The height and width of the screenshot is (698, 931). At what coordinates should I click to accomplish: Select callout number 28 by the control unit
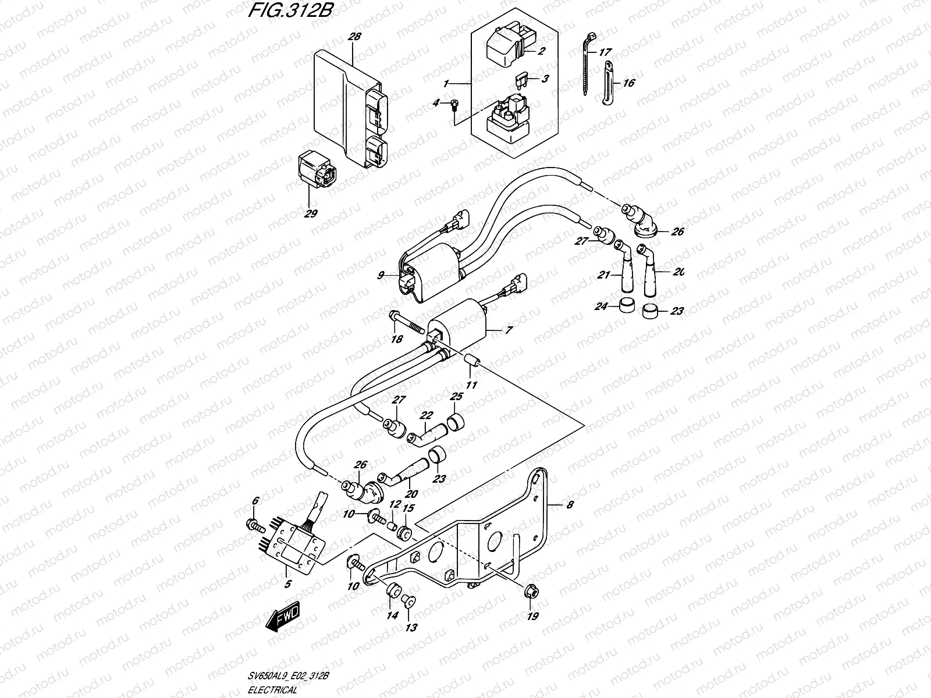coord(354,37)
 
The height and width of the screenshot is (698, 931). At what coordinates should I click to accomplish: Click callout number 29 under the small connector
coord(310,213)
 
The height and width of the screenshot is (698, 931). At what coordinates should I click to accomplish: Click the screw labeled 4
coord(454,104)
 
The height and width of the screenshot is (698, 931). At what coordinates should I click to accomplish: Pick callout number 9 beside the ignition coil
coord(381,276)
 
